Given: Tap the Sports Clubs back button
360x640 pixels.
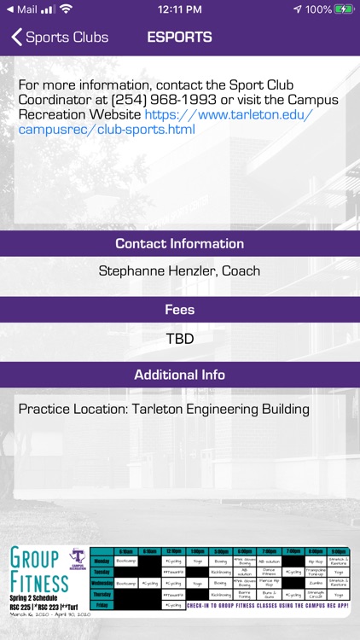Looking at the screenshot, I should pyautogui.click(x=60, y=38).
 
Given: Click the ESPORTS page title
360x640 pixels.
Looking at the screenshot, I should pyautogui.click(x=179, y=38).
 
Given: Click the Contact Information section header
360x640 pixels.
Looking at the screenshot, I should pyautogui.click(x=180, y=243).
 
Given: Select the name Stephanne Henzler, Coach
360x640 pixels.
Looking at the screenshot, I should pyautogui.click(x=180, y=271).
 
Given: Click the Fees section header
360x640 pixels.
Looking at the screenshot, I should pyautogui.click(x=180, y=310).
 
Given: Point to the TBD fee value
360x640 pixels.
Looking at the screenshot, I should pyautogui.click(x=180, y=339).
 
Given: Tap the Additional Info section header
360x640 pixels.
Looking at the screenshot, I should pyautogui.click(x=180, y=375).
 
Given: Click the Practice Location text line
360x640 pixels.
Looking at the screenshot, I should pyautogui.click(x=164, y=410).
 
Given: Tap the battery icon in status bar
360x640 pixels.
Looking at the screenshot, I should pyautogui.click(x=345, y=9).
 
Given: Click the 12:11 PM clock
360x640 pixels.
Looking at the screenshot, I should pyautogui.click(x=180, y=9).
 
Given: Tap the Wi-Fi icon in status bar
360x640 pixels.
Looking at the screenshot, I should pyautogui.click(x=66, y=9).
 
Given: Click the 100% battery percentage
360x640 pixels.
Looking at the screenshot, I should pyautogui.click(x=318, y=9).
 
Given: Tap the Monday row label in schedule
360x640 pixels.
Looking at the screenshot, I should pyautogui.click(x=102, y=561).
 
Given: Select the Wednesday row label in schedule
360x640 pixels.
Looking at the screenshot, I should pyautogui.click(x=102, y=583).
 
